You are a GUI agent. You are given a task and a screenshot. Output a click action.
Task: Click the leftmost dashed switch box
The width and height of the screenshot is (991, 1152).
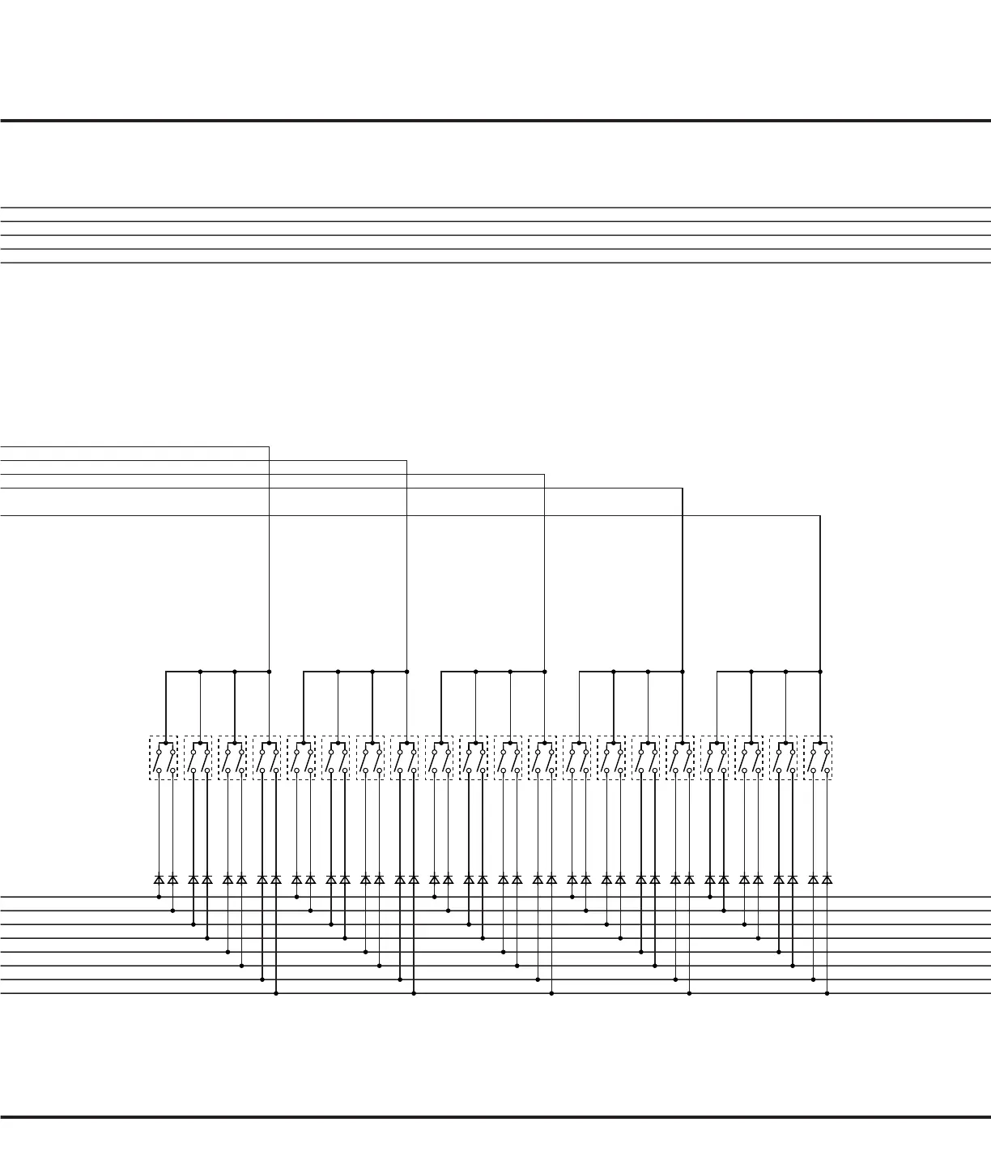(164, 757)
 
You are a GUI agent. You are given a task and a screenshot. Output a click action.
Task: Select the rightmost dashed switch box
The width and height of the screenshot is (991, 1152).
(818, 757)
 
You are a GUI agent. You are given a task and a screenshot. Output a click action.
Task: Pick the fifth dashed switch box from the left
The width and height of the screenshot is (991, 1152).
(301, 757)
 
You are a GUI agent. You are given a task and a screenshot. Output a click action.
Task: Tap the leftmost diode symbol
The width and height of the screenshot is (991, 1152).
(159, 879)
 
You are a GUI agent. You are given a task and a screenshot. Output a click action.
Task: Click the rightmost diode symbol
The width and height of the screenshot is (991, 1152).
(827, 879)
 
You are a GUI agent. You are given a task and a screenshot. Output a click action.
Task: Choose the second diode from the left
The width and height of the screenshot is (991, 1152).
(172, 879)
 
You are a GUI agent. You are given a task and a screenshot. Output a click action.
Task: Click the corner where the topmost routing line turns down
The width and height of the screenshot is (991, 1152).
(269, 446)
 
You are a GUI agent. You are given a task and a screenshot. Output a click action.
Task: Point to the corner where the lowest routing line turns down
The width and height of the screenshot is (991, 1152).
(820, 515)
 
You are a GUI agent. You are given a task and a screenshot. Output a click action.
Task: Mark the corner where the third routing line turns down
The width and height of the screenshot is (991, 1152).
(545, 475)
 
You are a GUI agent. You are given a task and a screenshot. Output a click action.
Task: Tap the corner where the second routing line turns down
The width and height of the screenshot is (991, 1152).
(406, 460)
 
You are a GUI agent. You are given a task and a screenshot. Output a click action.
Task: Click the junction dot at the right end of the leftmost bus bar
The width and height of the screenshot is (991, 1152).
(269, 672)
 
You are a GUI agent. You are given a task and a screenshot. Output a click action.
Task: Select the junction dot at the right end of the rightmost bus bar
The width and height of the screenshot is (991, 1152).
(820, 672)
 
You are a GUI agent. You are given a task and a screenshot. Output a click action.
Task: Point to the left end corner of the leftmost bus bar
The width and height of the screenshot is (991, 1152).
(166, 672)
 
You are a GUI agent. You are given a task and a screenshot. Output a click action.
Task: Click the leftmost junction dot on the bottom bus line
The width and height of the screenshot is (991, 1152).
(276, 993)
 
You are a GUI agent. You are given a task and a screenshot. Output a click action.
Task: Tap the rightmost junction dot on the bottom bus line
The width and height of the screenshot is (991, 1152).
(827, 993)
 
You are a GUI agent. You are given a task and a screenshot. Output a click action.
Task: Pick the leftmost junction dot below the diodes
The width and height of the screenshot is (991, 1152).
(159, 897)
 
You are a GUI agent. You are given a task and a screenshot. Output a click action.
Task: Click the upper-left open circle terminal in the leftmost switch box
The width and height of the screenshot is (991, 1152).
(159, 752)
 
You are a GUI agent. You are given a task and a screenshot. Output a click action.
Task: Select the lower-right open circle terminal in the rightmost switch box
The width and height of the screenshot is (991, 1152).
(827, 770)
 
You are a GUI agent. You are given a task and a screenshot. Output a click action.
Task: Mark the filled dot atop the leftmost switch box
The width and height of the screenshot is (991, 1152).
(166, 742)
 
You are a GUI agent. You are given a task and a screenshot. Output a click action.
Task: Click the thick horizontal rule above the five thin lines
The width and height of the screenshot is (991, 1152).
(495, 121)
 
